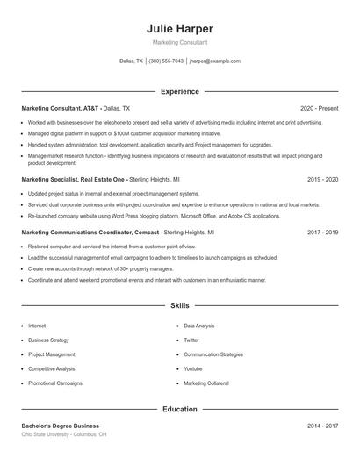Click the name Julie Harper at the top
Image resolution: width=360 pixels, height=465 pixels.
pos(180,29)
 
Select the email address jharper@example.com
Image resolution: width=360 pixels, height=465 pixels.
pos(214,61)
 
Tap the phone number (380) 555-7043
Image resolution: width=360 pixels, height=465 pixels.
pos(166,61)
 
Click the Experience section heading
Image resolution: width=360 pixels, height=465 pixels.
pos(180,91)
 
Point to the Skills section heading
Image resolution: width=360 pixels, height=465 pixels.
pos(180,306)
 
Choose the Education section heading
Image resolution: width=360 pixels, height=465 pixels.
pos(180,409)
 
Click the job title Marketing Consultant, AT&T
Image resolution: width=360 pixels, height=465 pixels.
pos(61,108)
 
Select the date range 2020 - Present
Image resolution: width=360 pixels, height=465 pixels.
pos(319,108)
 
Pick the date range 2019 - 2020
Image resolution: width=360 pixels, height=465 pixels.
pos(322,179)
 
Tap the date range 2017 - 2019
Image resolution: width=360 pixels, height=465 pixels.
pos(322,232)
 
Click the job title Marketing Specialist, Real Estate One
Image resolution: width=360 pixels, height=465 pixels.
pos(73,179)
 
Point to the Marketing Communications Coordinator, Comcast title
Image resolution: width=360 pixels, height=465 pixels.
pos(90,232)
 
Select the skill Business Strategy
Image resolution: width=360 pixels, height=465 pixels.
pos(48,340)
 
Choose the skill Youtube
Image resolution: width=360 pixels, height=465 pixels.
pos(192,369)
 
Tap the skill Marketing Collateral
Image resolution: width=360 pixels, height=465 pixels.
pos(207,383)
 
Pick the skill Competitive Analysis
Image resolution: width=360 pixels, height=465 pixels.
pos(52,369)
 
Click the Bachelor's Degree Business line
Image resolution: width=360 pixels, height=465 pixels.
pos(61,426)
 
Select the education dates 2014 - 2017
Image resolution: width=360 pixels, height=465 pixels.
pos(322,426)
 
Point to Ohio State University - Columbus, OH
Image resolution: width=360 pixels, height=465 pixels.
pos(64,434)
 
